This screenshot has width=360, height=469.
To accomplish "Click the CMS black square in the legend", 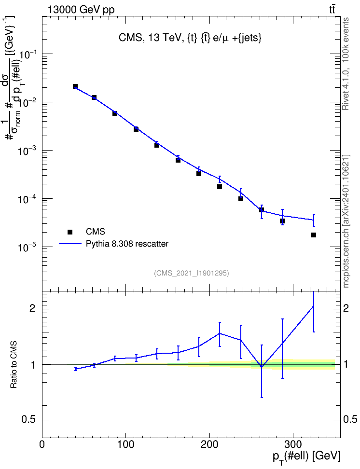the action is [69, 232].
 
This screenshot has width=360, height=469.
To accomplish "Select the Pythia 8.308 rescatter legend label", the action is [127, 244].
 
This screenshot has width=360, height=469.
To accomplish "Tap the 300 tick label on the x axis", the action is [292, 444].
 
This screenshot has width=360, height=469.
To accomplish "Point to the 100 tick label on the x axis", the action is [125, 444].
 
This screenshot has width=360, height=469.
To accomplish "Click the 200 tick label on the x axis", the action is [209, 444].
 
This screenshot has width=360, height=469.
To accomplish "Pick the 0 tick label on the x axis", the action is [42, 444].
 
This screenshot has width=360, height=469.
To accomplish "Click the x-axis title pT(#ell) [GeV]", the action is [306, 457].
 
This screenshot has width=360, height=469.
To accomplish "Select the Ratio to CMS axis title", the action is [14, 365].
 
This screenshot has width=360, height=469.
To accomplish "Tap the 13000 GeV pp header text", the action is [81, 10].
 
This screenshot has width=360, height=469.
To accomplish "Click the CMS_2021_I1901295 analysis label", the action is [192, 273].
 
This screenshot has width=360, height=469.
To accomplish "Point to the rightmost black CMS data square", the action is [314, 235].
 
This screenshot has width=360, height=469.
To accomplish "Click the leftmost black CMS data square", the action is [75, 86].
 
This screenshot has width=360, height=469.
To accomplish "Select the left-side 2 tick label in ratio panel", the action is [32, 308].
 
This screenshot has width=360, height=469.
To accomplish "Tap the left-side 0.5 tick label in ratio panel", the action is [29, 420].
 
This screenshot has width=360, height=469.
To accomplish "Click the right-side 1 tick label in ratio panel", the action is [346, 364].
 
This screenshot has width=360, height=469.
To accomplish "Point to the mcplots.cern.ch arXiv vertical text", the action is [346, 221].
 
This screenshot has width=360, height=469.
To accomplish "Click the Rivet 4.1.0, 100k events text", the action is [346, 64].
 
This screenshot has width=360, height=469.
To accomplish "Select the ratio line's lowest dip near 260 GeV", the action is [262, 367].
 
